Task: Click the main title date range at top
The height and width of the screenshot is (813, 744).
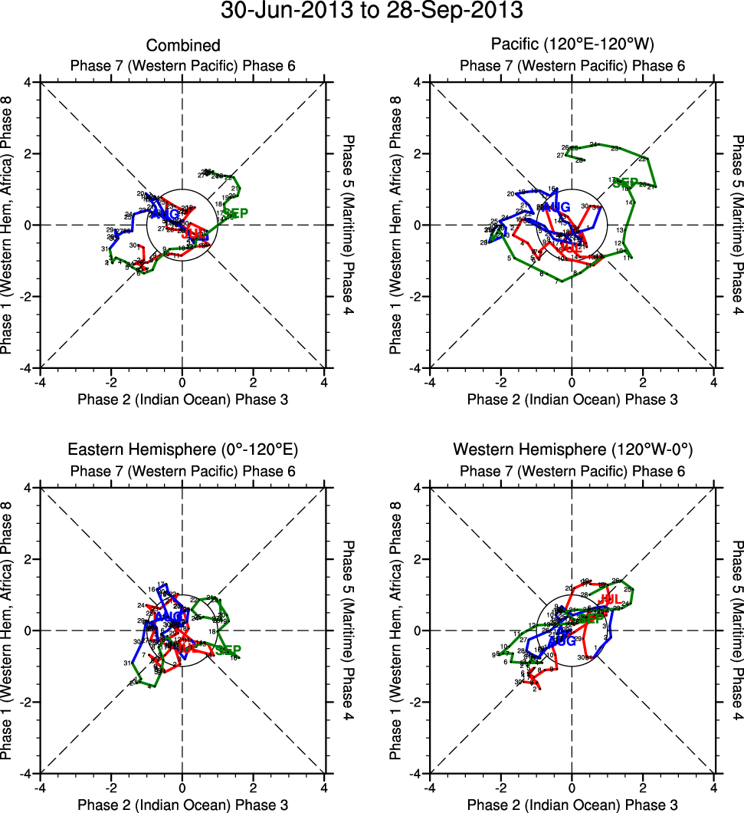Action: (372, 12)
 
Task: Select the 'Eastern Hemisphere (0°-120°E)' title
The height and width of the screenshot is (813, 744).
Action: (182, 449)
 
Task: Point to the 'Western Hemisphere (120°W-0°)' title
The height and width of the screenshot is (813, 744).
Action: (572, 449)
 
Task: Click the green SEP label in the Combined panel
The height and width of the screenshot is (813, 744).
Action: (236, 212)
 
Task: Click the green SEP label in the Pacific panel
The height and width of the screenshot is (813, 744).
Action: (626, 183)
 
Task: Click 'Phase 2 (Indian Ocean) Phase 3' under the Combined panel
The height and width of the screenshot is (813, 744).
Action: (182, 399)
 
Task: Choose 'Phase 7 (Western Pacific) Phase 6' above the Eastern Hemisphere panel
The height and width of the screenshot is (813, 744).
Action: (182, 470)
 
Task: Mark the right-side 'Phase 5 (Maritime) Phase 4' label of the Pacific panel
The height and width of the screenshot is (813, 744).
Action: (736, 225)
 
